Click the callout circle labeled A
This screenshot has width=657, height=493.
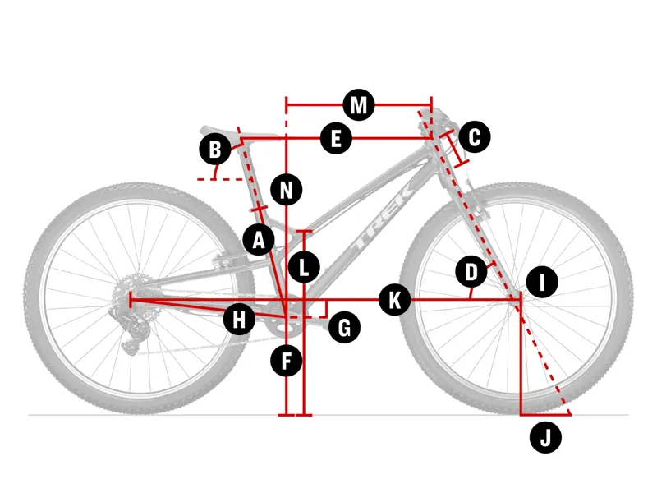pyautogui.click(x=260, y=239)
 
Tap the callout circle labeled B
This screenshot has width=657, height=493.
pyautogui.click(x=215, y=150)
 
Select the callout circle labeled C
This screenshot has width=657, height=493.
pyautogui.click(x=474, y=136)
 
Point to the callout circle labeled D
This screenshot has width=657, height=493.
pyautogui.click(x=471, y=271)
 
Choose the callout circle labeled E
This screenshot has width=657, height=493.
pyautogui.click(x=336, y=139)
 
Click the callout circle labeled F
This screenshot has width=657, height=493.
pyautogui.click(x=287, y=360)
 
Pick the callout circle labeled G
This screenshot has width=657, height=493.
pyautogui.click(x=344, y=327)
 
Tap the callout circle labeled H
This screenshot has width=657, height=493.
pyautogui.click(x=239, y=319)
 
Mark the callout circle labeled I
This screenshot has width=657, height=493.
pyautogui.click(x=542, y=283)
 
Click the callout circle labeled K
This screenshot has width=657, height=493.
pyautogui.click(x=395, y=300)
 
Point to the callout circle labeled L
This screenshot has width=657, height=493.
pyautogui.click(x=305, y=267)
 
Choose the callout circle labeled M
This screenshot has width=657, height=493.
pyautogui.click(x=358, y=104)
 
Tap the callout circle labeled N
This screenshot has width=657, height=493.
pyautogui.click(x=287, y=191)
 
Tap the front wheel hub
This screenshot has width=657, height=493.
pyautogui.click(x=519, y=302)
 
